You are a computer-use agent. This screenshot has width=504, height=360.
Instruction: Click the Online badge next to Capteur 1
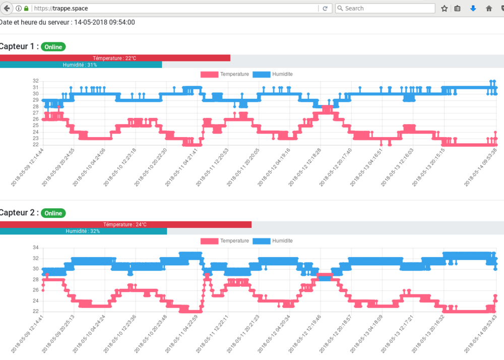click(53, 47)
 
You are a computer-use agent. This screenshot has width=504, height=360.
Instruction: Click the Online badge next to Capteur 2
click(53, 213)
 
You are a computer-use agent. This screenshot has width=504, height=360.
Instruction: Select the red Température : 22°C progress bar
click(115, 58)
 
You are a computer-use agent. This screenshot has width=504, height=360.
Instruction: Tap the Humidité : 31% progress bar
click(81, 65)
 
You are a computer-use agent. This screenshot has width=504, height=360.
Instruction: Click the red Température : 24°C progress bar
click(125, 224)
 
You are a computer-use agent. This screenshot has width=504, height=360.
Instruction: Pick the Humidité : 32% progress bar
click(83, 231)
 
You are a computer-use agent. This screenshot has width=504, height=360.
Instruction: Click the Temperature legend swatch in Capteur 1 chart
click(210, 74)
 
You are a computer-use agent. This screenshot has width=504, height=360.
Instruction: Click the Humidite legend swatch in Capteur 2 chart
click(261, 241)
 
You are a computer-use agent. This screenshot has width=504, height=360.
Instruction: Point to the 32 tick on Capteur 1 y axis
click(35, 81)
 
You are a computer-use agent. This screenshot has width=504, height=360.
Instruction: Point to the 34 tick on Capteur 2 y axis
click(35, 248)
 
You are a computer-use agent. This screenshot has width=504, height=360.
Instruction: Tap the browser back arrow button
click(7, 8)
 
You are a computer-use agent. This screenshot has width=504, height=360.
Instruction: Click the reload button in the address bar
click(326, 8)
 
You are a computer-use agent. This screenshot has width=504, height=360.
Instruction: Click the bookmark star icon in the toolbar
click(445, 8)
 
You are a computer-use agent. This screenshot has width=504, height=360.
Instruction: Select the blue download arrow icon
click(473, 8)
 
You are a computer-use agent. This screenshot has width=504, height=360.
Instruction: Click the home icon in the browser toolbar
click(489, 8)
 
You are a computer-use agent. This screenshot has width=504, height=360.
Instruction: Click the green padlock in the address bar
click(26, 8)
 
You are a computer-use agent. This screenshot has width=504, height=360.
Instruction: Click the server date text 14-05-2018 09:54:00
click(104, 22)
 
